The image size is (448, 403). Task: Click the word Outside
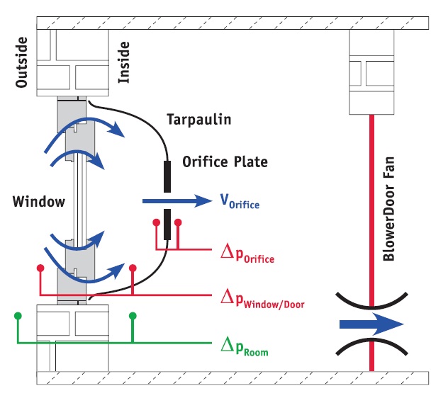(x=21, y=62)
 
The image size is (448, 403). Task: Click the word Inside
(x=124, y=62)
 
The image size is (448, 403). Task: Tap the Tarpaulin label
(x=199, y=119)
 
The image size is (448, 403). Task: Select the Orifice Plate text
(x=225, y=161)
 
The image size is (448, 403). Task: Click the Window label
(x=39, y=201)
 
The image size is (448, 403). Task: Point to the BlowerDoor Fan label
(x=389, y=209)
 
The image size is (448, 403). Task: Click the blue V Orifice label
(x=240, y=201)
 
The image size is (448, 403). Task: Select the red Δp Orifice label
(x=247, y=253)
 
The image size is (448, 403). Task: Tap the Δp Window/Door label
(x=262, y=299)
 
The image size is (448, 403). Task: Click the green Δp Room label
(x=245, y=346)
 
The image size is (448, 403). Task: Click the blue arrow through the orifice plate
(x=177, y=201)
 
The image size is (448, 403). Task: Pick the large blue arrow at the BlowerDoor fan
(x=371, y=324)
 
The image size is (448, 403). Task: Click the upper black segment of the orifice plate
(x=167, y=176)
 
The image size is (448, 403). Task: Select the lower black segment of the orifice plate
(x=167, y=225)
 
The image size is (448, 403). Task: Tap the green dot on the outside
(x=18, y=316)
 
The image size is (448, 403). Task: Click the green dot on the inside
(x=133, y=316)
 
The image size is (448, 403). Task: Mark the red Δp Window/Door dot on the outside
(x=40, y=268)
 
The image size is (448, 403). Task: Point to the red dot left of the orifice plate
(x=156, y=222)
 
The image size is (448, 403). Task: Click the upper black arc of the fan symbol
(x=371, y=304)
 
